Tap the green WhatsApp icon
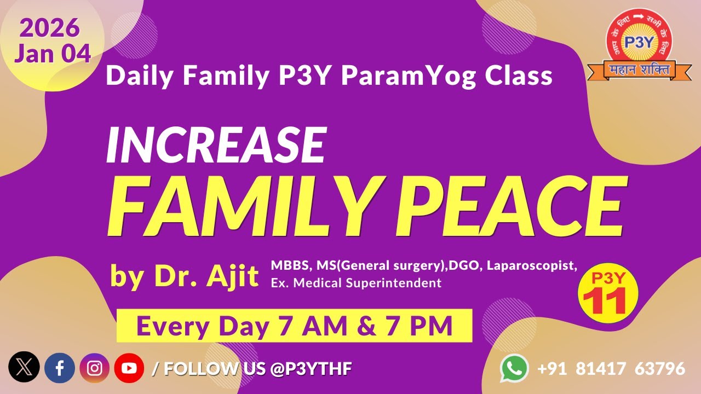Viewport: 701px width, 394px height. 514,368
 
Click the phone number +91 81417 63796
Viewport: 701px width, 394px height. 611,369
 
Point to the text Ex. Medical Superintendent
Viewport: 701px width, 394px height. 356,283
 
